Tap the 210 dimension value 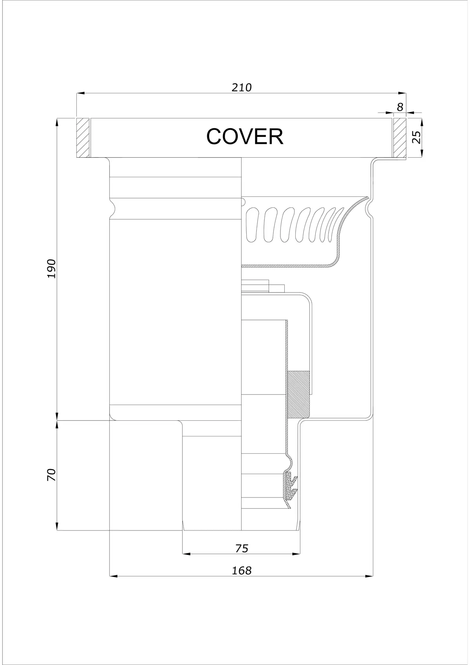click(241, 87)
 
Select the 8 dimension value click(400, 107)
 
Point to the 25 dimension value click(417, 137)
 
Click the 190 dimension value click(52, 268)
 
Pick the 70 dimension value click(52, 475)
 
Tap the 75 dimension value click(241, 549)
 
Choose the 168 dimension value click(241, 571)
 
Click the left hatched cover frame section click(83, 138)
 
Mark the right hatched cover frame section click(400, 138)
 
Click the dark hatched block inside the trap click(298, 394)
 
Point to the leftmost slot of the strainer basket click(252, 224)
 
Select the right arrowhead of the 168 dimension click(369, 576)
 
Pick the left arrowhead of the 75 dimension click(186, 554)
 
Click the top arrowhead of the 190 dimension click(57, 123)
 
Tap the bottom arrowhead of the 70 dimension click(57, 526)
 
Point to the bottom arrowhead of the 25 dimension click(422, 153)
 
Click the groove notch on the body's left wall click(112, 208)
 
